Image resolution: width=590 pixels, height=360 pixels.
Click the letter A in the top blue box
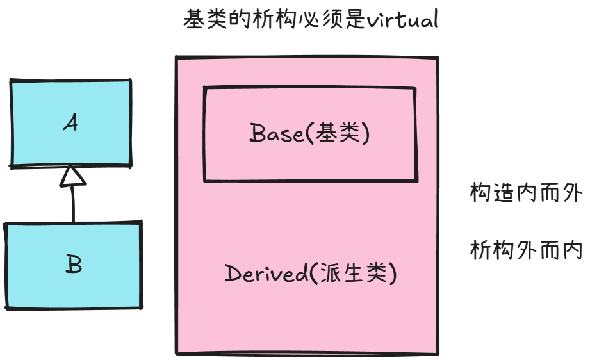click(x=71, y=122)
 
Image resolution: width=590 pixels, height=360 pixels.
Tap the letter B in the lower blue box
click(x=74, y=265)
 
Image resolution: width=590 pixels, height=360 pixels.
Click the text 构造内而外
click(x=525, y=193)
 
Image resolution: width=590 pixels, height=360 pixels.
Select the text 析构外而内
click(x=525, y=250)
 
